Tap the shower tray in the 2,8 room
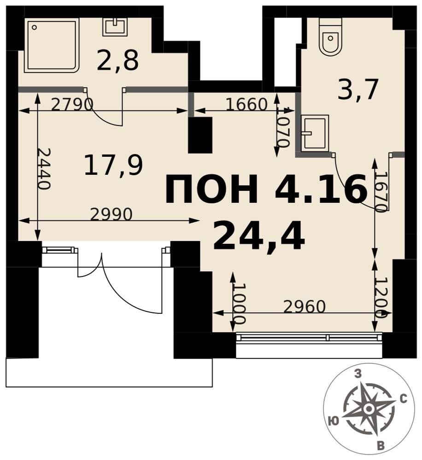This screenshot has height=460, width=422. pos(52,45)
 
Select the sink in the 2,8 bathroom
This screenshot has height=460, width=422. pos(115,26)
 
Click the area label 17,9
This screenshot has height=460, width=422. pos(113,166)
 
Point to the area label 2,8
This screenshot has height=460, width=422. pos(117,61)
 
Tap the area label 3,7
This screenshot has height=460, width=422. pos(358,90)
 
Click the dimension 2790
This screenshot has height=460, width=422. pos(72,104)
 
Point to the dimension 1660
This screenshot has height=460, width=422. pos(246,104)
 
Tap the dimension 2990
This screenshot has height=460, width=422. pos(111,214)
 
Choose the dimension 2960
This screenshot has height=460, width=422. pos(305,306)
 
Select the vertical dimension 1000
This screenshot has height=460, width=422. pos(239,304)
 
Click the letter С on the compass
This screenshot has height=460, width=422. pos(404,399)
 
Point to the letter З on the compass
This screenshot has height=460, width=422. pos(358,374)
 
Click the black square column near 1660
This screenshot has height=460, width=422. pos(200,135)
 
